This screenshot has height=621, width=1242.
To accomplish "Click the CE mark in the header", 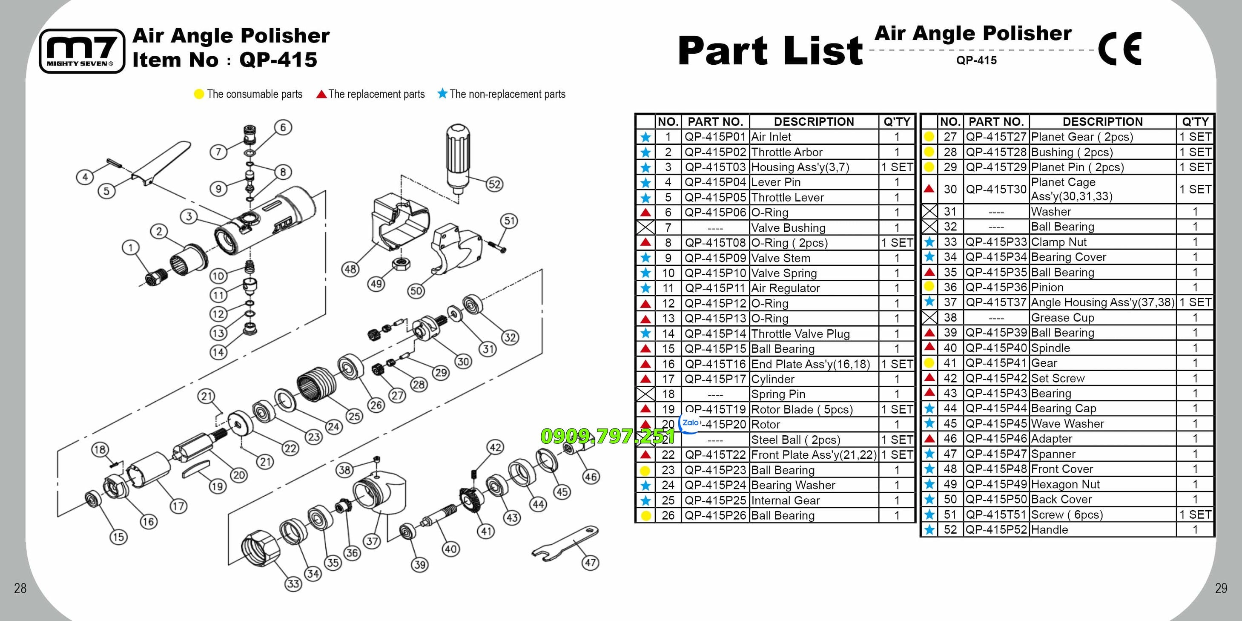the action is [x=1119, y=48].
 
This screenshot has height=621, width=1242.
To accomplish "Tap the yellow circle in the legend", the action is [x=199, y=94].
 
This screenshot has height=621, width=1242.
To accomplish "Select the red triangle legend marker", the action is [x=321, y=94].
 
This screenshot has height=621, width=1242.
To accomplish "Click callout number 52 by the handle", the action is [x=494, y=184].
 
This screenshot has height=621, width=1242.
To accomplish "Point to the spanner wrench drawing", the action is [x=565, y=543].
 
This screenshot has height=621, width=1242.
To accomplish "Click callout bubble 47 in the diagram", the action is [x=591, y=562].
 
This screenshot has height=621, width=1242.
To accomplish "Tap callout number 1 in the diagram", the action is [x=130, y=248].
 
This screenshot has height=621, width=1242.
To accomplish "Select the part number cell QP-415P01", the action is [x=715, y=137].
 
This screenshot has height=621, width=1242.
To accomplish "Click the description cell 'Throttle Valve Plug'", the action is [x=800, y=333].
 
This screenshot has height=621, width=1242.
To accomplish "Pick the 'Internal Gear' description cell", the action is [x=786, y=500].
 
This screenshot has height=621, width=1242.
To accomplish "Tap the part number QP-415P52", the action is [x=997, y=529].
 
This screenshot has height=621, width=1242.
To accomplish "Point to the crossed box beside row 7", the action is [x=645, y=227].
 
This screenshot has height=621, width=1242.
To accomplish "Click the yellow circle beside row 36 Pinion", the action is [x=929, y=287].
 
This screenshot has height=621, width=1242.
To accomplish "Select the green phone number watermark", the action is [x=608, y=436].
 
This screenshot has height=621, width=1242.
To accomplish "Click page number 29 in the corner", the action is [x=1221, y=588].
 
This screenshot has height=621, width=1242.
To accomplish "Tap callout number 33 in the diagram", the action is [x=293, y=584].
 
